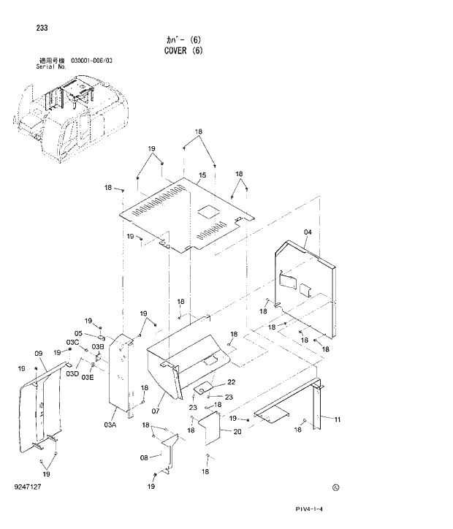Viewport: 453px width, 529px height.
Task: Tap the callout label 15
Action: click(202, 175)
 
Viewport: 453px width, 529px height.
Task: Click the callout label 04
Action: click(308, 232)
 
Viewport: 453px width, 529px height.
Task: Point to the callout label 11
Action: click(338, 419)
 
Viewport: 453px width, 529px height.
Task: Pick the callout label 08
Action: click(145, 457)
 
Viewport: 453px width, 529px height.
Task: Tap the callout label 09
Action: click(39, 352)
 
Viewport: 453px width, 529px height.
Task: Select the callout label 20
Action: click(237, 431)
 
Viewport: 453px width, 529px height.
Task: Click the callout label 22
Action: click(231, 382)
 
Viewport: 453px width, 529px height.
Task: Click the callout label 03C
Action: click(72, 343)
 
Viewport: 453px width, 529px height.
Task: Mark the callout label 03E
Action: click(87, 377)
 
